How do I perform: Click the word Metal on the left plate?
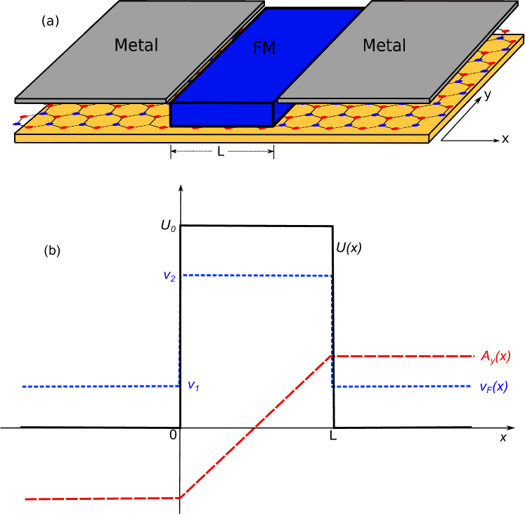click(136, 46)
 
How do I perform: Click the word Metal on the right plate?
click(384, 46)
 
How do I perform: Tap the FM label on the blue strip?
click(264, 49)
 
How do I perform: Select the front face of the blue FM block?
click(221, 115)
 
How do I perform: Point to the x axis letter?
click(505, 139)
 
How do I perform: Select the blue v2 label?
click(169, 276)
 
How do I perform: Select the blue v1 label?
click(192, 386)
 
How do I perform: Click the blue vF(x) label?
click(493, 386)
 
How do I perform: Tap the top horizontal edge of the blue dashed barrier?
click(257, 275)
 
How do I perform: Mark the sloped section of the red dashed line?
click(257, 427)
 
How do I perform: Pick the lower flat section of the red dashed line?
click(102, 499)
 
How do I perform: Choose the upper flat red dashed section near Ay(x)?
click(404, 356)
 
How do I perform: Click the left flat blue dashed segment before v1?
click(98, 386)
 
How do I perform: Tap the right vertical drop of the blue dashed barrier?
click(332, 330)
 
